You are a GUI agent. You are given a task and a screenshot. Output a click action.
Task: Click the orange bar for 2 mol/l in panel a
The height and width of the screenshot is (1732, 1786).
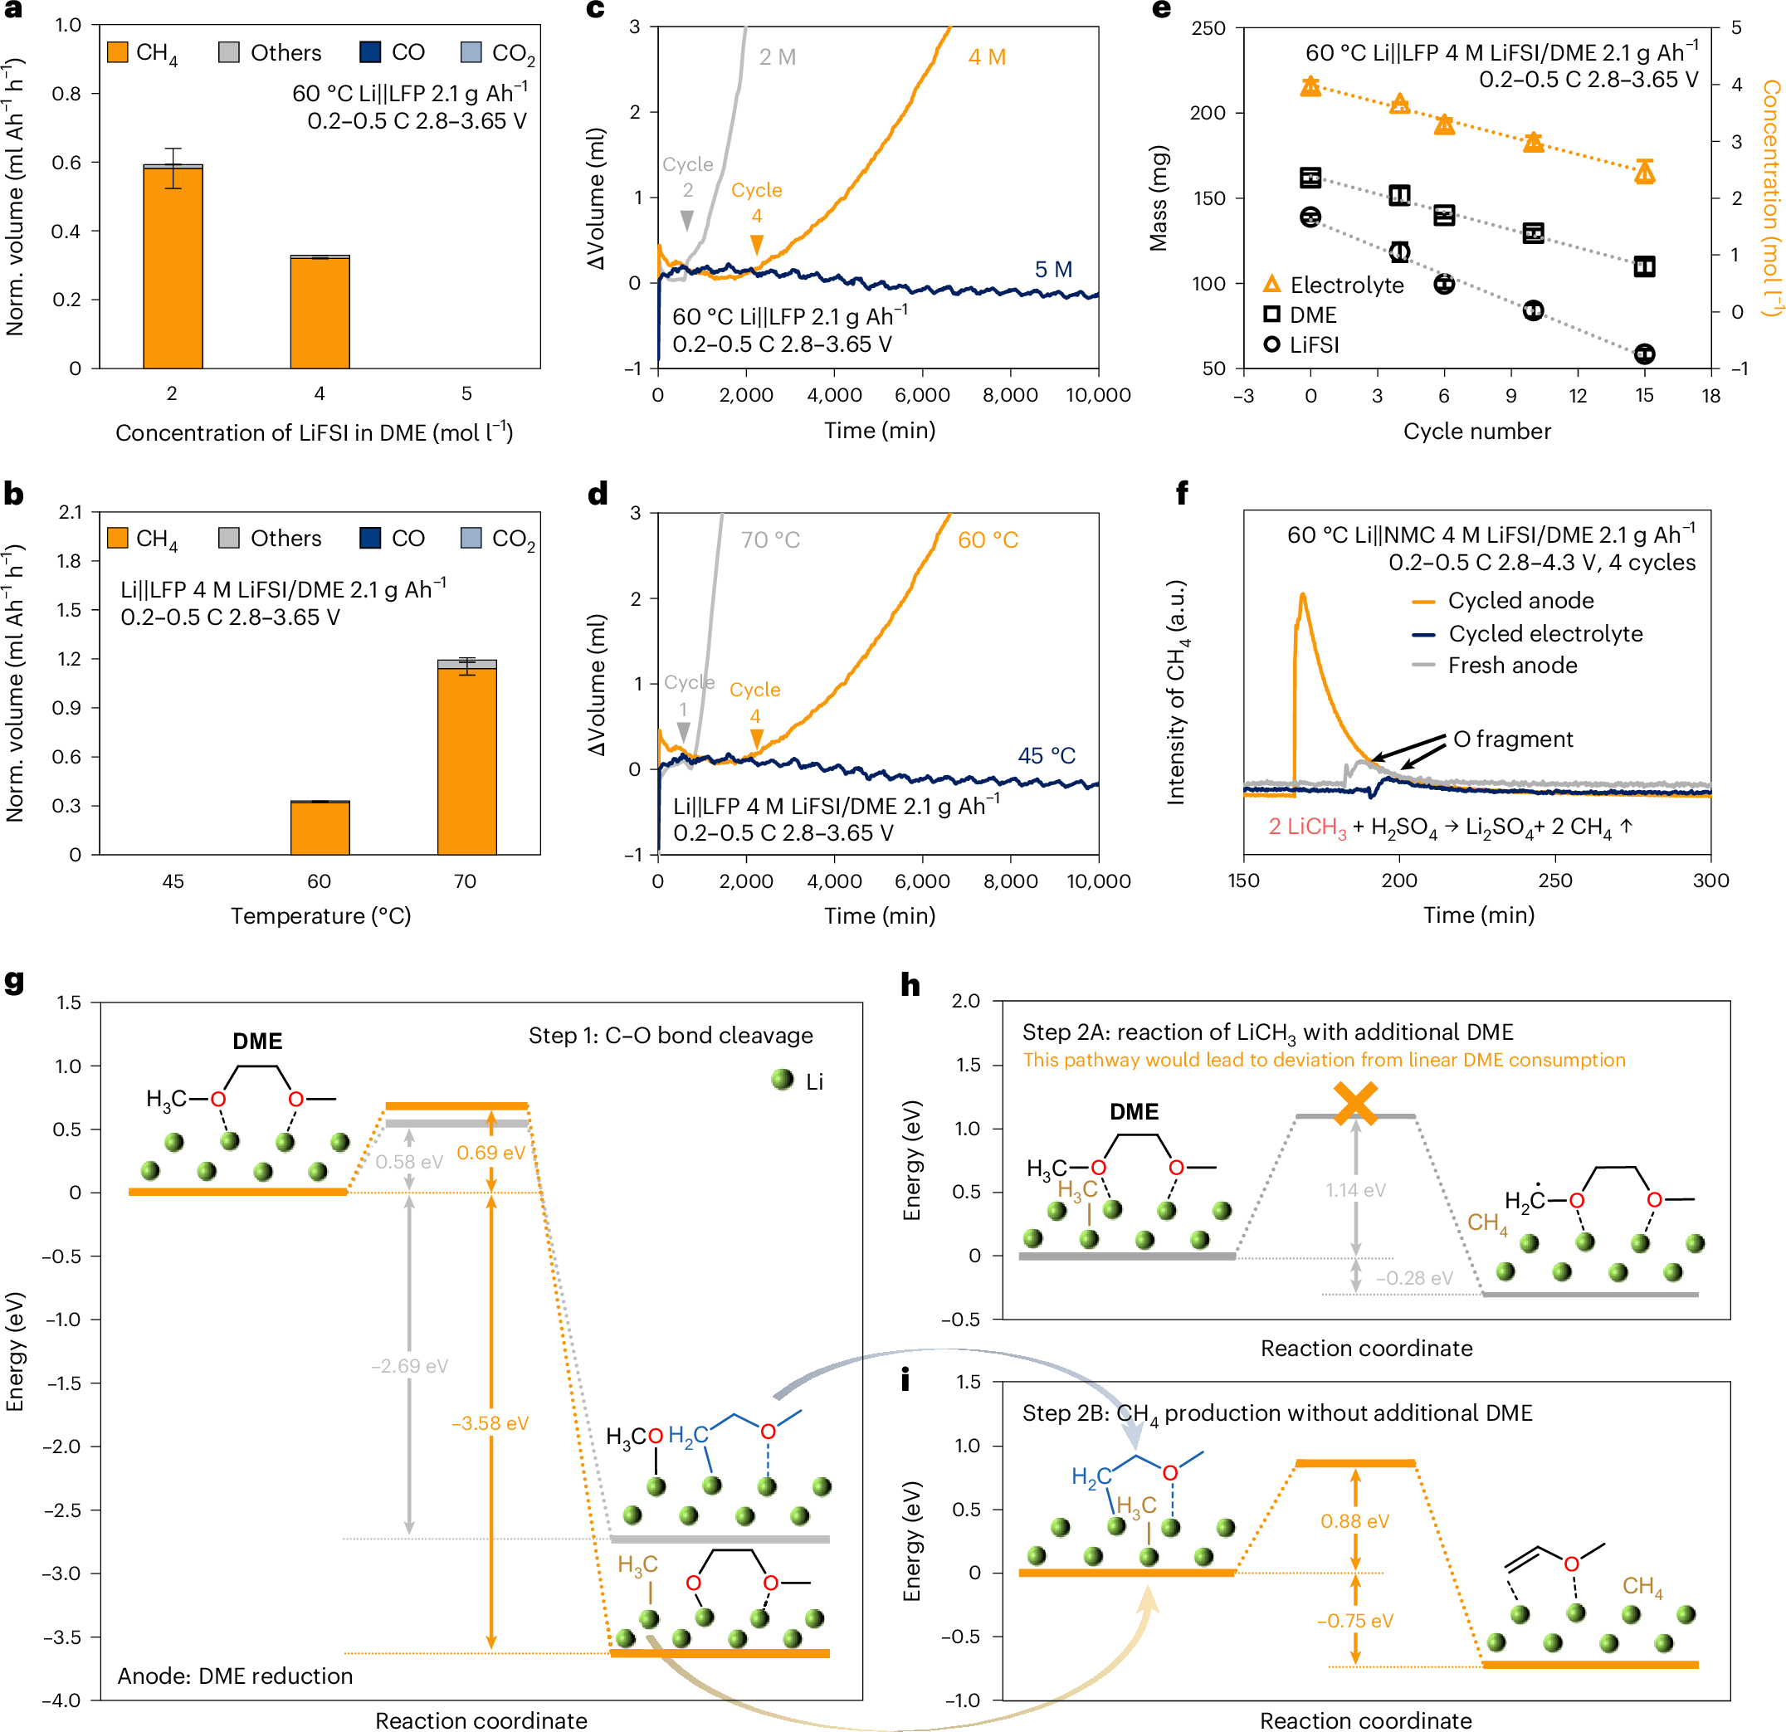(x=173, y=268)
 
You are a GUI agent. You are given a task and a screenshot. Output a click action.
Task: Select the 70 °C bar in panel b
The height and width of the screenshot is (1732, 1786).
(x=466, y=761)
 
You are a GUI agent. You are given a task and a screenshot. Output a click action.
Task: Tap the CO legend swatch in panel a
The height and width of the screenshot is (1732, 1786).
(x=370, y=52)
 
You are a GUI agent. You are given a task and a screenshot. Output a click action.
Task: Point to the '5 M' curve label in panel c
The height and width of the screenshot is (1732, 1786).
(x=1053, y=270)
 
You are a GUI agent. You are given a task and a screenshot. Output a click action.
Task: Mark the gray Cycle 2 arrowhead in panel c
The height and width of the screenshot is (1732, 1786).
(x=687, y=221)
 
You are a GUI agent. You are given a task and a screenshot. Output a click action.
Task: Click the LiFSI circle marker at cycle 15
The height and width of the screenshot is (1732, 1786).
(x=1644, y=354)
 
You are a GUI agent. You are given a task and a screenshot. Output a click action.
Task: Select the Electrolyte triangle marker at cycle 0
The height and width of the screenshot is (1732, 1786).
(x=1310, y=85)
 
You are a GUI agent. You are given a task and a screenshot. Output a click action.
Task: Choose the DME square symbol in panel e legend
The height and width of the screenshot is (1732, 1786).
(x=1272, y=315)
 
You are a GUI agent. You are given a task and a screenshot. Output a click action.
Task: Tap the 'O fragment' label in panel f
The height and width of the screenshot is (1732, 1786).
(x=1513, y=739)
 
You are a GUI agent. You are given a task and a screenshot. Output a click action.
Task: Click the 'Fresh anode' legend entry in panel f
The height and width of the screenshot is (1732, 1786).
(x=1513, y=665)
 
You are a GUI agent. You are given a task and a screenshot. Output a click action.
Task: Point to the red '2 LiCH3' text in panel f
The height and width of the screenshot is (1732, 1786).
(x=1308, y=827)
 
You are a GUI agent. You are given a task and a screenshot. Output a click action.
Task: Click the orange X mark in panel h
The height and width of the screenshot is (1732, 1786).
(x=1356, y=1102)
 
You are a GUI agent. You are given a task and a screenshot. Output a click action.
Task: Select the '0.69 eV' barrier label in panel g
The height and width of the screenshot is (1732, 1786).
(x=491, y=1153)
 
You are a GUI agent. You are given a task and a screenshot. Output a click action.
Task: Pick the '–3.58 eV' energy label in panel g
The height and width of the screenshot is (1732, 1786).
(x=490, y=1423)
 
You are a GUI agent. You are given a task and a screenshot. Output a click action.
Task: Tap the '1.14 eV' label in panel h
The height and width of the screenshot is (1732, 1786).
(x=1356, y=1190)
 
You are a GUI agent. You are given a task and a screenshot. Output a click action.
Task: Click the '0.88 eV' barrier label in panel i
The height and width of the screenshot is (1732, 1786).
(x=1355, y=1520)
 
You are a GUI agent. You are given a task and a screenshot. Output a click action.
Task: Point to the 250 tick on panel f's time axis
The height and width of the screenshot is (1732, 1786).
(x=1555, y=881)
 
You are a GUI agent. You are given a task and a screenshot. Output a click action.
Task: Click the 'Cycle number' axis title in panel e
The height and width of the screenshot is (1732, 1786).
(x=1477, y=431)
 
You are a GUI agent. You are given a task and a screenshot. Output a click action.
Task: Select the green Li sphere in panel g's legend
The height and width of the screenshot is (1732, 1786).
(x=782, y=1080)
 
